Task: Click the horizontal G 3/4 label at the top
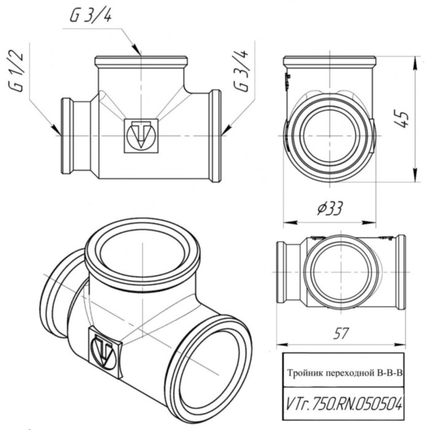(x=92, y=17)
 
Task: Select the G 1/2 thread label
(x=17, y=72)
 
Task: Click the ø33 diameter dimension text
(x=326, y=210)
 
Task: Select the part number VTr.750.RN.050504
(x=344, y=404)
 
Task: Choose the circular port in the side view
(x=329, y=136)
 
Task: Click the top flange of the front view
(x=141, y=62)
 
